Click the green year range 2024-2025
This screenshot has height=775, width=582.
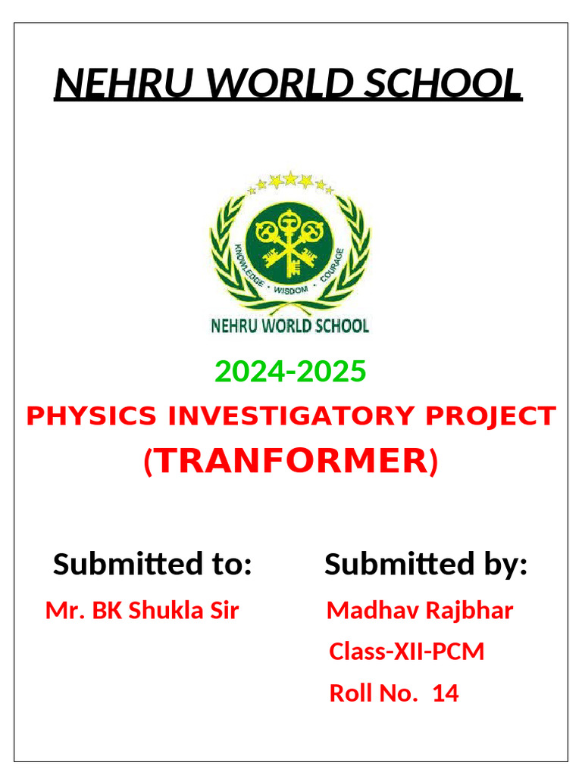(290, 371)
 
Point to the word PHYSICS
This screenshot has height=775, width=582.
(92, 416)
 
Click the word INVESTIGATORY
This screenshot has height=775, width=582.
(292, 416)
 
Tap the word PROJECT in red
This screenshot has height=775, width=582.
(491, 416)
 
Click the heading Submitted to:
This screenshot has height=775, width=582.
(152, 563)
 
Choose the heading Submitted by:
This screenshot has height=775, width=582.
(426, 563)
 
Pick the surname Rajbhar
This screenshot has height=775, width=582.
(469, 612)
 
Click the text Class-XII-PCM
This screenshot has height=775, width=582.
(407, 652)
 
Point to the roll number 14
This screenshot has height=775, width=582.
(446, 693)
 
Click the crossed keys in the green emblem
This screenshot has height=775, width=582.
(289, 241)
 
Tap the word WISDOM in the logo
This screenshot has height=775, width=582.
(291, 290)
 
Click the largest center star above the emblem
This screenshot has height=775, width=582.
(290, 179)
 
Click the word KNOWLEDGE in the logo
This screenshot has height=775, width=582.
(249, 265)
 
